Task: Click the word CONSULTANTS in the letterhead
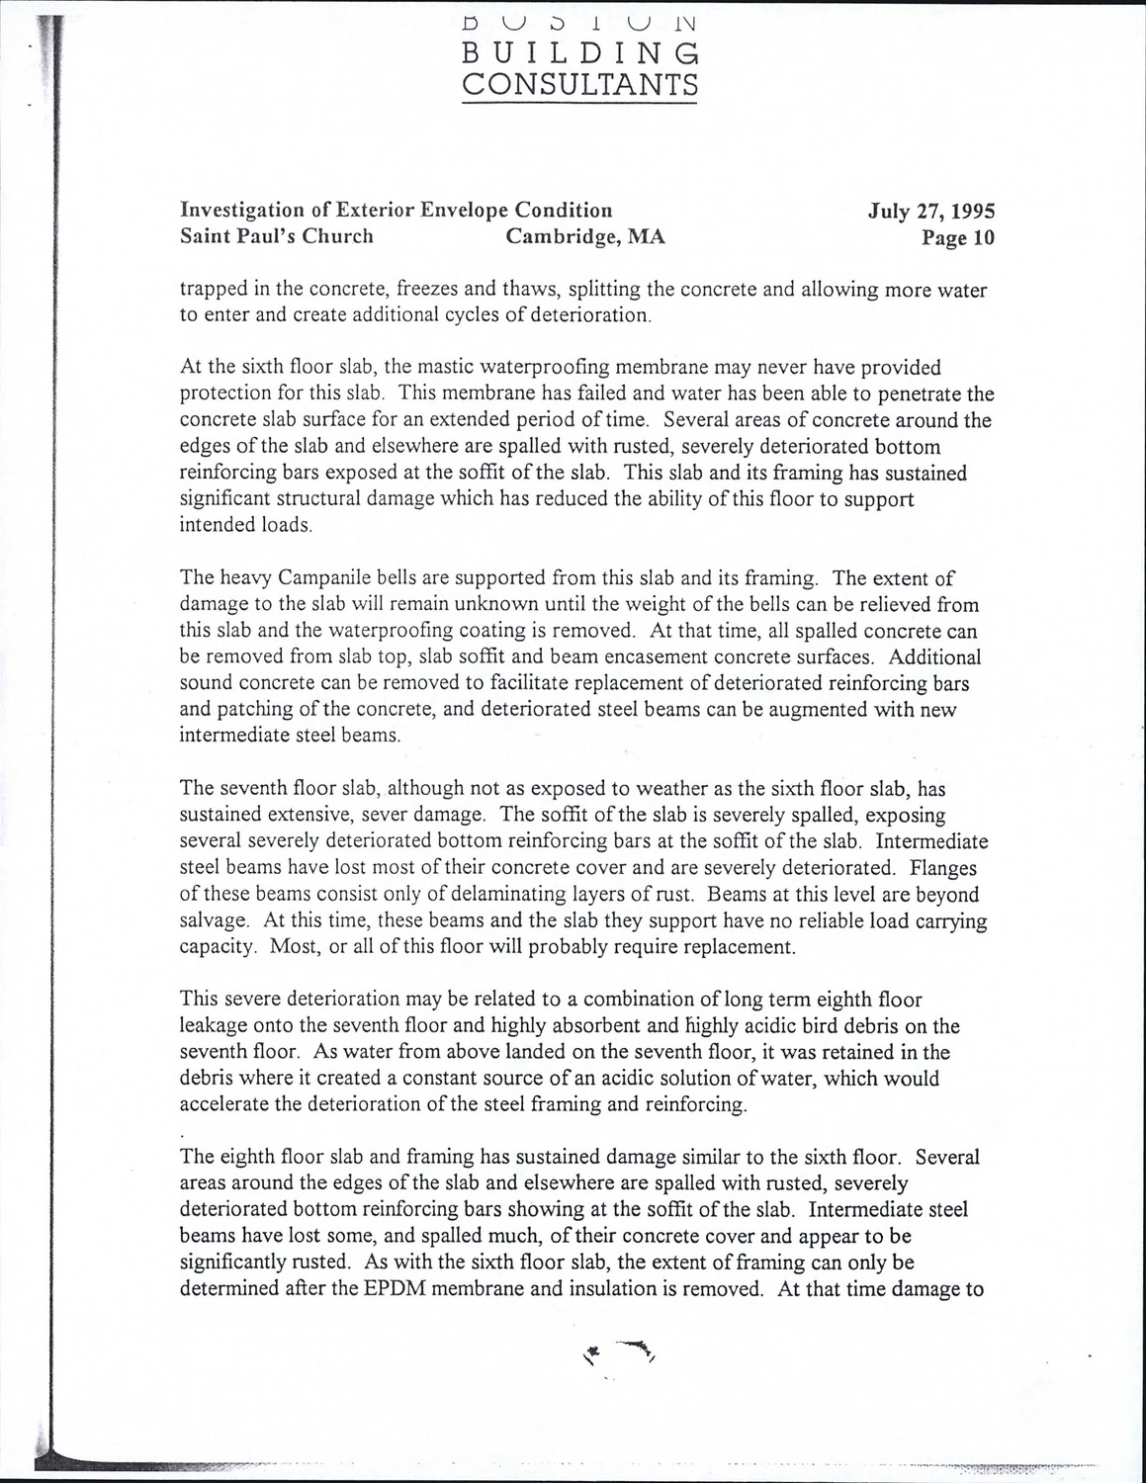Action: click(x=580, y=85)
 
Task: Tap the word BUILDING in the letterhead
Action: click(x=580, y=52)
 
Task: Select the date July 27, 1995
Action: click(x=931, y=211)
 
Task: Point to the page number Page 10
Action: click(x=957, y=238)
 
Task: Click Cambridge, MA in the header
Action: click(x=585, y=237)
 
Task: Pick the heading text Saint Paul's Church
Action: click(x=277, y=237)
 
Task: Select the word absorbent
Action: click(x=604, y=1026)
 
